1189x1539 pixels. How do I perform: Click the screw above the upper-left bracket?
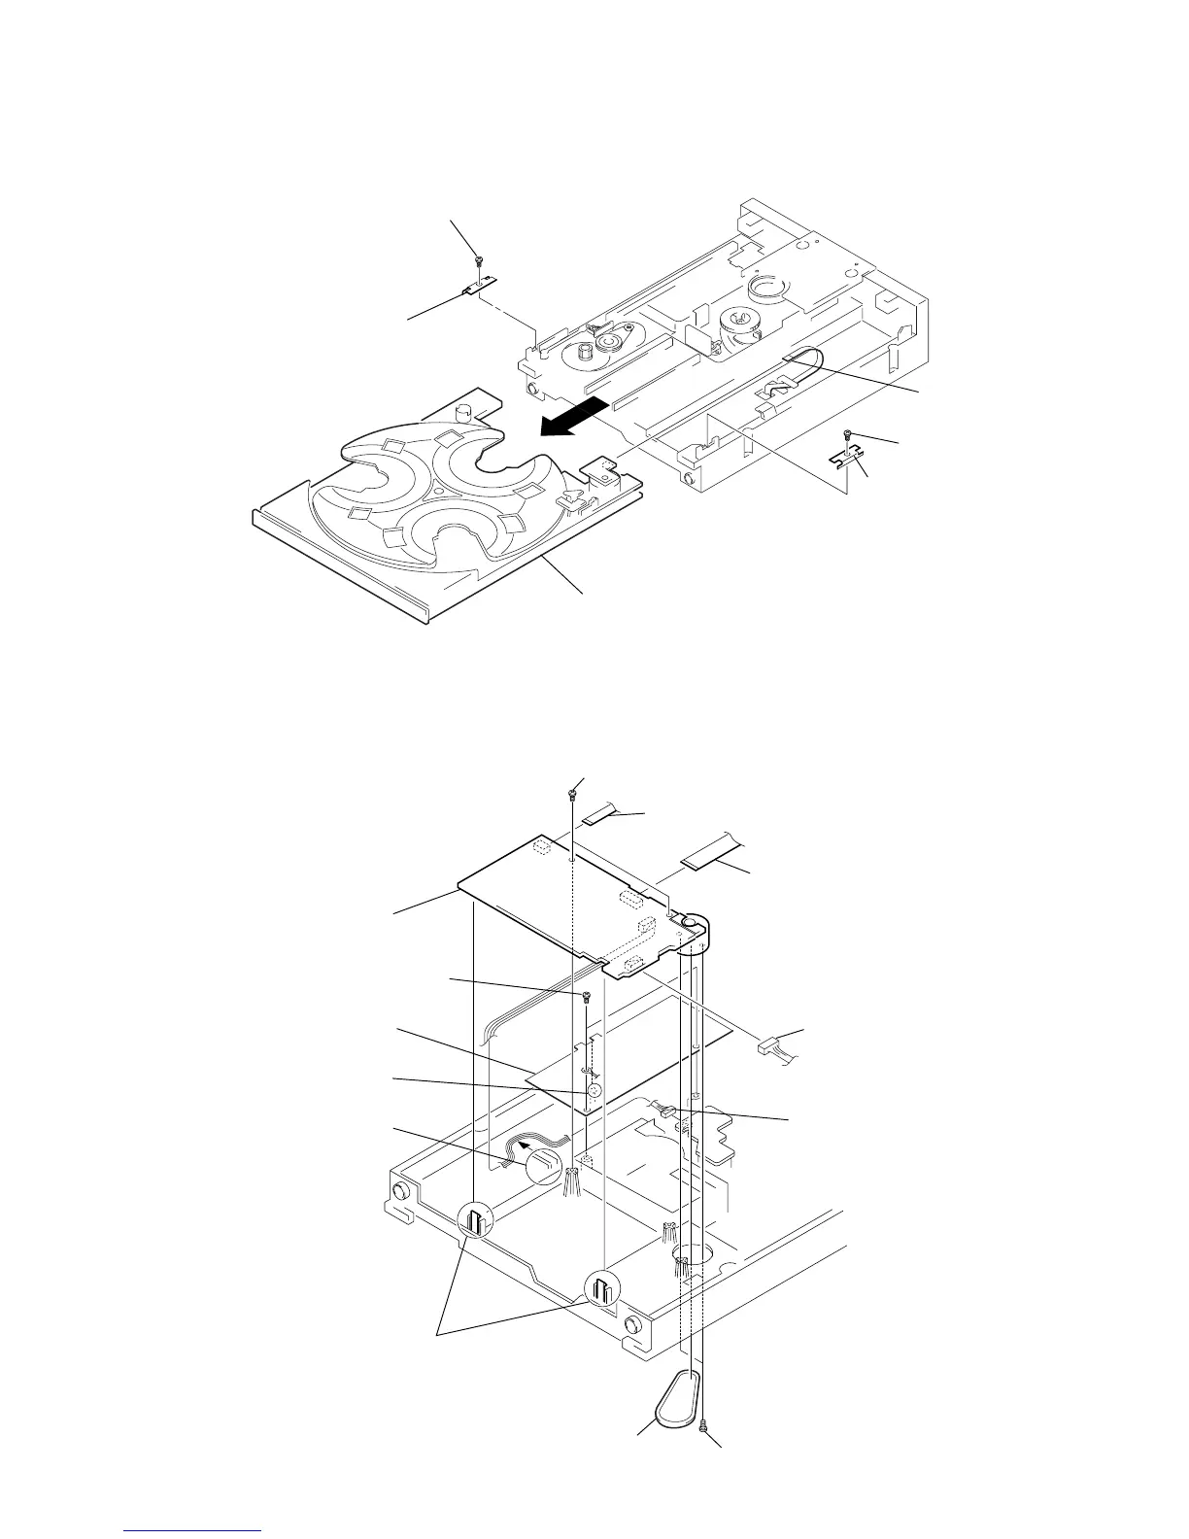point(480,257)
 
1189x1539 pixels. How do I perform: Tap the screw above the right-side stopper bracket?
point(848,433)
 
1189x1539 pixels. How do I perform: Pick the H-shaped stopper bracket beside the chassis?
point(845,456)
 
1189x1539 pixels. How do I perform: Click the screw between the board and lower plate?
point(587,996)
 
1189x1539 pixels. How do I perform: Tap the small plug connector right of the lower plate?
point(768,1046)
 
